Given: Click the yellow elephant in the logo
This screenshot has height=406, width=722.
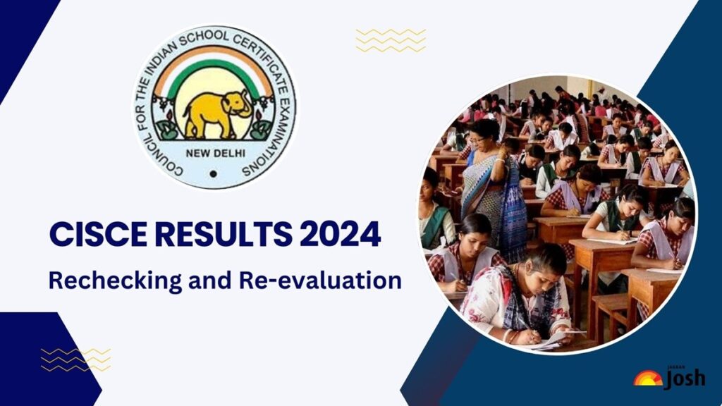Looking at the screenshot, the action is coord(217,114).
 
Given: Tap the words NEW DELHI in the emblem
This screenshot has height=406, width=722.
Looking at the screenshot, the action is coord(216,153).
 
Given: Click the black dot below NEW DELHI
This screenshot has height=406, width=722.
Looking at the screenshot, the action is coord(213,174).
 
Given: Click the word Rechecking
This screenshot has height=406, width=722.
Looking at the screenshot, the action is coord(115,281).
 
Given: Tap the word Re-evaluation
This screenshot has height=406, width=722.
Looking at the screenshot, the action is coord(320,280).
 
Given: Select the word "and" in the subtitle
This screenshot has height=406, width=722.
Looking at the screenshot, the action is coord(210,280).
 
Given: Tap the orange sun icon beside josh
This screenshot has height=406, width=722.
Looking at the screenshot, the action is coord(648,378).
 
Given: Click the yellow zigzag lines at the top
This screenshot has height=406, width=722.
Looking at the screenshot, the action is coord(391,40).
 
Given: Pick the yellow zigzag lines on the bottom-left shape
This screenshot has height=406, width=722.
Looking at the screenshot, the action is coord(75,359).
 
